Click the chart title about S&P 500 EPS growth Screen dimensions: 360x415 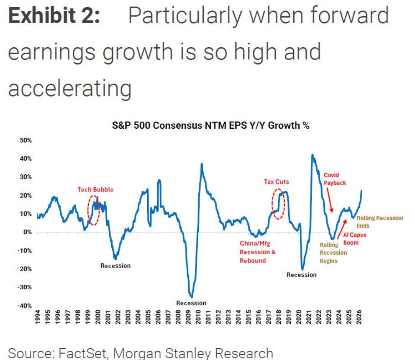tap(210, 125)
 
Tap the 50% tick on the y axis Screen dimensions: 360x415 tap(26, 140)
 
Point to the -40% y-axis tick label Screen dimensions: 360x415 tap(25, 306)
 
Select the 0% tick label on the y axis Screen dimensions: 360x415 tap(28, 232)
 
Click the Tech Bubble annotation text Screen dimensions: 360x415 tap(95, 189)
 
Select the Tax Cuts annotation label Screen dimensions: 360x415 tap(276, 182)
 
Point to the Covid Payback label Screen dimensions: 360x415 tap(335, 179)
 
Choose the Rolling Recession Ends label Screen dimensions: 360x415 tap(380, 222)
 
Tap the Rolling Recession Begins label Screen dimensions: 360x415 tap(333, 253)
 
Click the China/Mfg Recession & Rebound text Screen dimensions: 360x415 tap(257, 252)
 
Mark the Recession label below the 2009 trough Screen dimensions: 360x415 tap(191, 303)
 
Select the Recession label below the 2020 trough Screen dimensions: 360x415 tap(301, 275)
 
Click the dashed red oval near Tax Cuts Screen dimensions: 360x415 tap(278, 204)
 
